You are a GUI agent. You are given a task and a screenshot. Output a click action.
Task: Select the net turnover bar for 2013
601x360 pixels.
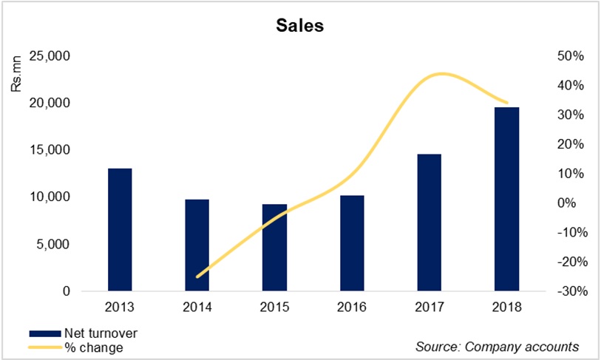tap(120, 230)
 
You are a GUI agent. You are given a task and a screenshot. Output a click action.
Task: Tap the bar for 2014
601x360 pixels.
tap(197, 245)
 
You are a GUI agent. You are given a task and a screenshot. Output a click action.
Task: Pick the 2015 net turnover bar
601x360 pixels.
tap(274, 248)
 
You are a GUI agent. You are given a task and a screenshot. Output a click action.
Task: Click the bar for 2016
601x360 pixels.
tap(352, 243)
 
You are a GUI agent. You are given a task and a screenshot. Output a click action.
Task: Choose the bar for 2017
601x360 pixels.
tap(429, 223)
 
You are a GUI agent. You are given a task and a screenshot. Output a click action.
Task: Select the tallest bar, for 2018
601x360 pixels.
tap(507, 199)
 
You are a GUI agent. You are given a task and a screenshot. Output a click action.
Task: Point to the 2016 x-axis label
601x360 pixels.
tap(352, 306)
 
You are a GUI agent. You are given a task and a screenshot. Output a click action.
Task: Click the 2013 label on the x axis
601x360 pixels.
tap(120, 306)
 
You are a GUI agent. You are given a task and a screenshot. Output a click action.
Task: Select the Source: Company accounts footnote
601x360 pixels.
tap(497, 346)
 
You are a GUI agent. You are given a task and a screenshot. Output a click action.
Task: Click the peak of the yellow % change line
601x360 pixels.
tap(441, 74)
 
